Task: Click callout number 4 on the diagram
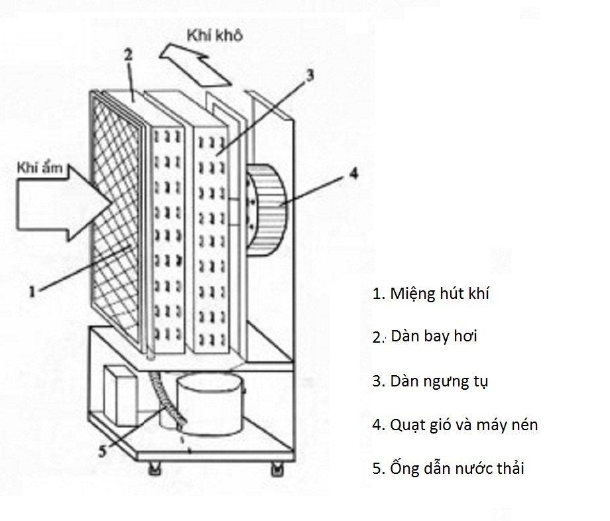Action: point(354,174)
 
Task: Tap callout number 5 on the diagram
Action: point(102,451)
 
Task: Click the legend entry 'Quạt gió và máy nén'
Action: point(455,425)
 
